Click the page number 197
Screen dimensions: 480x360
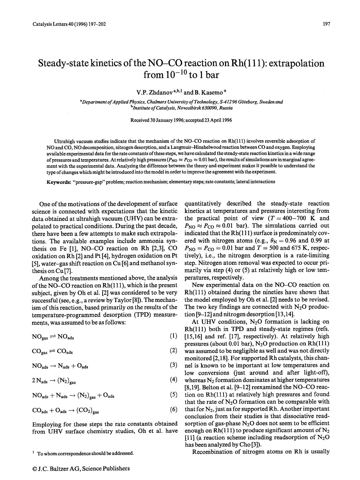coord(326,24)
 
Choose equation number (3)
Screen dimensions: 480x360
coord(173,365)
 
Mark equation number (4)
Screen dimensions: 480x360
coord(173,380)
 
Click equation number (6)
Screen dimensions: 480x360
coord(173,410)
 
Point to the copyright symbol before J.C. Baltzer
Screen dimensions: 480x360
coord(35,469)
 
